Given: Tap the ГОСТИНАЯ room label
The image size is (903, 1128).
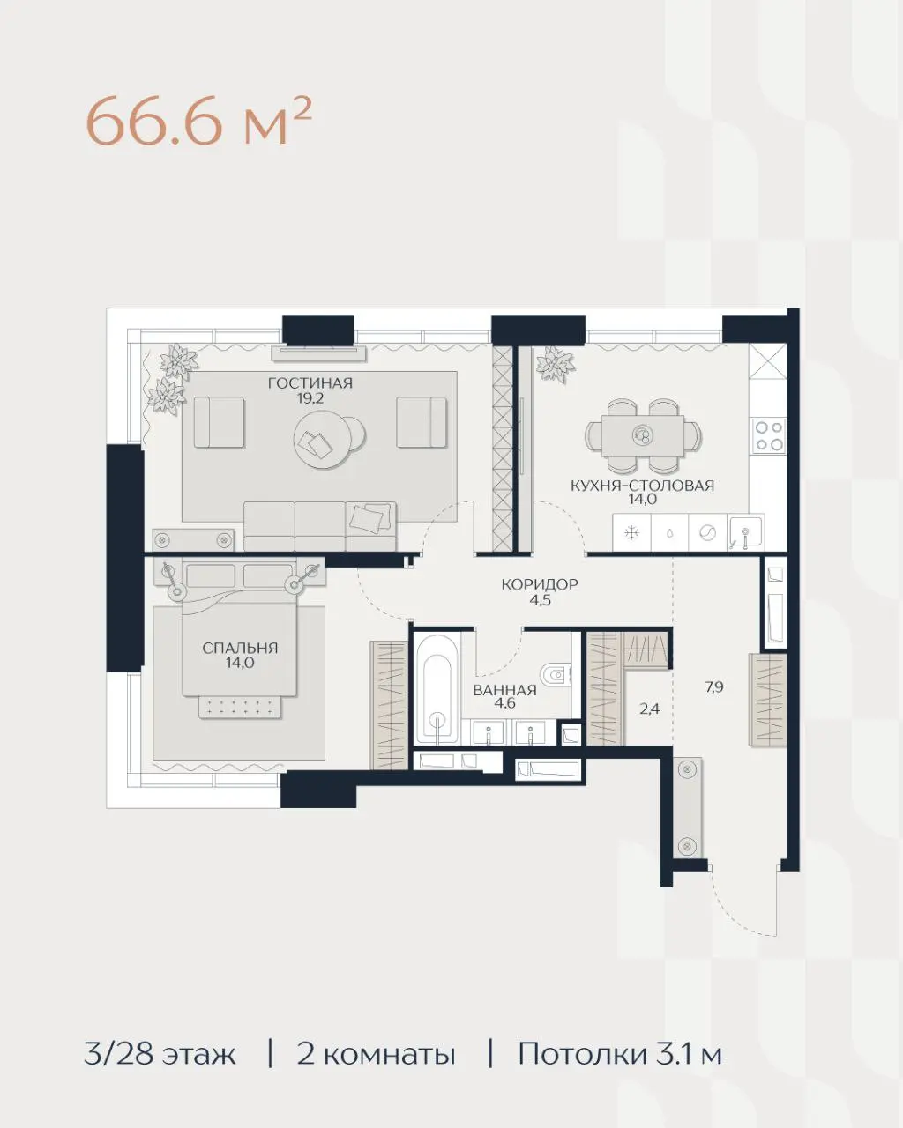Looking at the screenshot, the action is pyautogui.click(x=310, y=383).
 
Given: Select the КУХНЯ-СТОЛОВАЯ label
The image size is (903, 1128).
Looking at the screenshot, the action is pyautogui.click(x=642, y=486).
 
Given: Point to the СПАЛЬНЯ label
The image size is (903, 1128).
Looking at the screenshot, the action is pyautogui.click(x=240, y=648).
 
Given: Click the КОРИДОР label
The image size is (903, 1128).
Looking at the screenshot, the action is pyautogui.click(x=540, y=584).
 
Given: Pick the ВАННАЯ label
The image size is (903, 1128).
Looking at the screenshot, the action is pyautogui.click(x=504, y=690).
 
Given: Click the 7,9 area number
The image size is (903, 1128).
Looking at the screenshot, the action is pyautogui.click(x=714, y=686).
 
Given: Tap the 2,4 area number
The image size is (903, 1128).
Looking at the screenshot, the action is pyautogui.click(x=649, y=709).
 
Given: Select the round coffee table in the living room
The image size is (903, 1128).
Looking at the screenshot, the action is pyautogui.click(x=325, y=439).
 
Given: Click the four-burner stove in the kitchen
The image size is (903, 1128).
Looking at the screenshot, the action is pyautogui.click(x=769, y=436).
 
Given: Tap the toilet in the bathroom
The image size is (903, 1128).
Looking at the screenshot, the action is pyautogui.click(x=556, y=675).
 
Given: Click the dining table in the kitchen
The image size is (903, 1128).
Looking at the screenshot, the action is pyautogui.click(x=643, y=435).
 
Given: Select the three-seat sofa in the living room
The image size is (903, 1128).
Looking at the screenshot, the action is pyautogui.click(x=319, y=526).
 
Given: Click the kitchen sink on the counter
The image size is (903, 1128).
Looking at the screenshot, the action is pyautogui.click(x=745, y=532).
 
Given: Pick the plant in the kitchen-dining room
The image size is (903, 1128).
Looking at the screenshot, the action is pyautogui.click(x=556, y=364).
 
